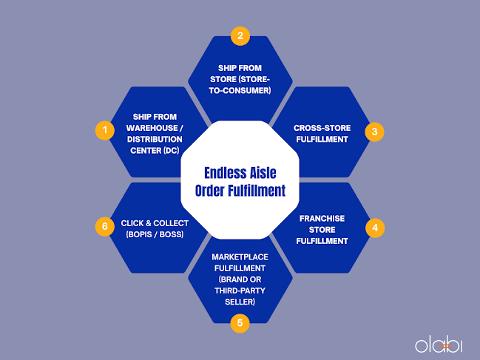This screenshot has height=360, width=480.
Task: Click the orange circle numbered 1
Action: (x=105, y=131)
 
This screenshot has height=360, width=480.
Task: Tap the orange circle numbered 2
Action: (x=239, y=35)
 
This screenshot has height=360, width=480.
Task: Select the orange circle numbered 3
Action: (x=374, y=132)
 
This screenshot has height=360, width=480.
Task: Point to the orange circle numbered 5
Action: (x=239, y=322)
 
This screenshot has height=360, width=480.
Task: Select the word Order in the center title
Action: (x=214, y=191)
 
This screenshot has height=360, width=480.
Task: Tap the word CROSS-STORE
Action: (x=321, y=128)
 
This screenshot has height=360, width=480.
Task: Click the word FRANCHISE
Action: (x=322, y=218)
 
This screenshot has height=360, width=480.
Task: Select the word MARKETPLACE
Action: (x=239, y=257)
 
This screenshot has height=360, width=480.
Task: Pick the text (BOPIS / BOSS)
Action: (x=155, y=234)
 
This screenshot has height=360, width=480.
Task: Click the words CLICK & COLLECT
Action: (x=155, y=223)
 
